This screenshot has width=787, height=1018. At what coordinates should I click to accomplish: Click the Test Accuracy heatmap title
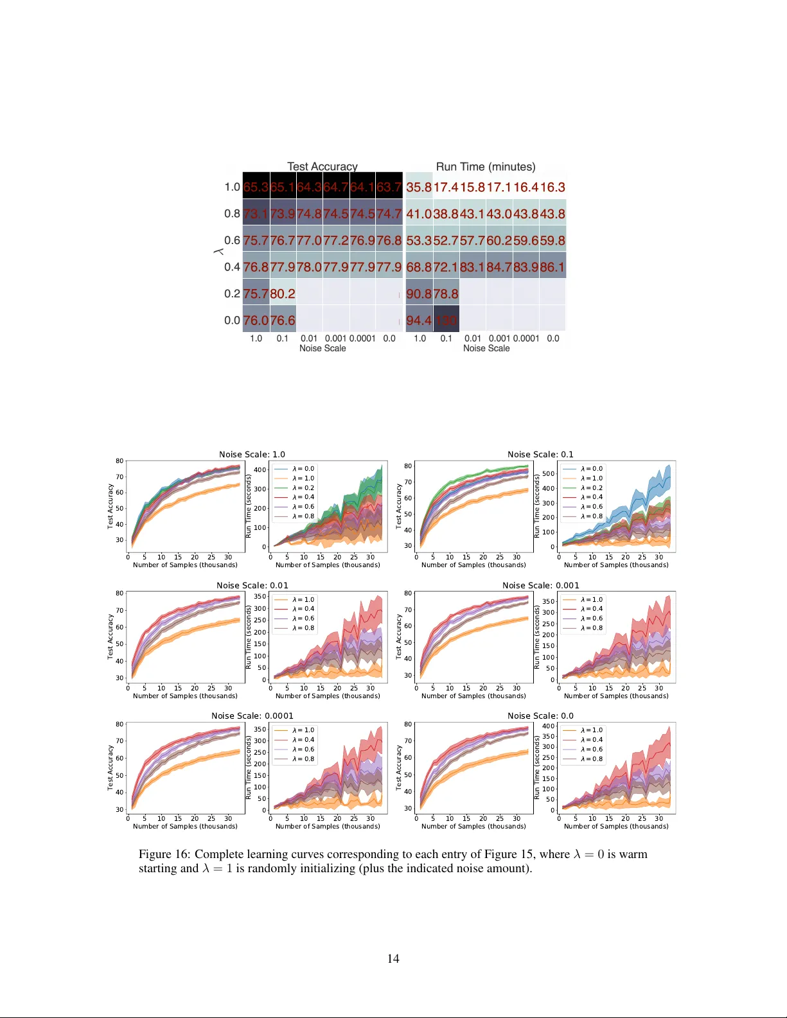(x=322, y=166)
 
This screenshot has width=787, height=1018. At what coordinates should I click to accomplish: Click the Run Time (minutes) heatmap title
(x=485, y=166)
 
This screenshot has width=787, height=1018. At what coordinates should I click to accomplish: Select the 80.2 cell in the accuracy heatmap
(x=283, y=294)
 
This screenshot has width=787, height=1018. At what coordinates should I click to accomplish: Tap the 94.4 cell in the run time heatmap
(x=419, y=320)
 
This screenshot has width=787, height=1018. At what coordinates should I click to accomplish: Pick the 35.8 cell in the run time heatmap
(x=419, y=187)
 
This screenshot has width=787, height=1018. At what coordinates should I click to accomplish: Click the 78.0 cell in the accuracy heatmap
(x=309, y=267)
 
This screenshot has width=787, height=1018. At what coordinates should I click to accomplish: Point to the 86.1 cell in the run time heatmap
(x=553, y=267)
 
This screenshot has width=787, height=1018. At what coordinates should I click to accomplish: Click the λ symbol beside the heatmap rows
(x=218, y=252)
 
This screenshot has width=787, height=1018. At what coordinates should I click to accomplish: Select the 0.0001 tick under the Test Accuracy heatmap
(x=362, y=338)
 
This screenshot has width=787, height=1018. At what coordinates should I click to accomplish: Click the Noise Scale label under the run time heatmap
(x=486, y=348)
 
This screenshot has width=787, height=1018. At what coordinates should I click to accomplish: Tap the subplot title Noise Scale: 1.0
(x=252, y=454)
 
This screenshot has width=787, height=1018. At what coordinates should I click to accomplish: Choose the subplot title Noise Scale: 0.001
(x=540, y=585)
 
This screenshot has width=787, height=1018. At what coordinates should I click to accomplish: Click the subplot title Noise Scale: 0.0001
(x=252, y=715)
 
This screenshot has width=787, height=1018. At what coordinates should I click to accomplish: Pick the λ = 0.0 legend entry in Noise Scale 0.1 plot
(x=592, y=469)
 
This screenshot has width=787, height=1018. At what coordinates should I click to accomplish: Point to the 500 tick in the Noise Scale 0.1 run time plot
(x=548, y=473)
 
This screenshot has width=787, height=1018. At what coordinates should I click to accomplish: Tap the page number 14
(x=393, y=958)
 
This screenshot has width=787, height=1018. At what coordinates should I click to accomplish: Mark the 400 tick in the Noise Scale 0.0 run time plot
(x=548, y=726)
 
